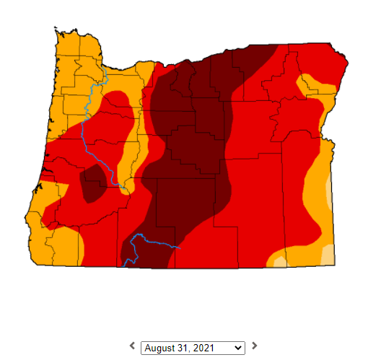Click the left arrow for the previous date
point(132,346)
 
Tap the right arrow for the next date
point(254,346)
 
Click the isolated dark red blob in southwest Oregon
point(92,183)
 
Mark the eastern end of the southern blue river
point(179,247)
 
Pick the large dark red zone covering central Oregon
point(195,137)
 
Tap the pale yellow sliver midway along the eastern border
point(330,191)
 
